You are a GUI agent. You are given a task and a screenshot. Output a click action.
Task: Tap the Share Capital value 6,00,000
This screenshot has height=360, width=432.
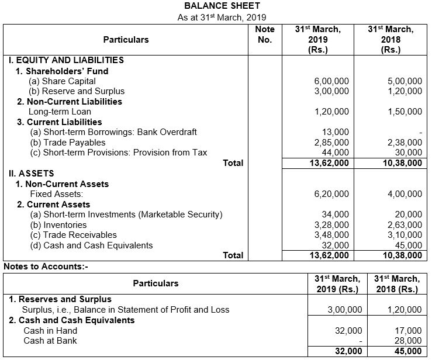(x=331, y=81)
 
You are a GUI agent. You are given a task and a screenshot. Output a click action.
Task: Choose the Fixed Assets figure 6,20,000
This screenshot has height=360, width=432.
(x=331, y=194)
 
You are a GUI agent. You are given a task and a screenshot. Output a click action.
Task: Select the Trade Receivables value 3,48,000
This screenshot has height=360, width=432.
(x=331, y=235)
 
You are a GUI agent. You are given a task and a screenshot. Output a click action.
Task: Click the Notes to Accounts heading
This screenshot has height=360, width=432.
(x=45, y=266)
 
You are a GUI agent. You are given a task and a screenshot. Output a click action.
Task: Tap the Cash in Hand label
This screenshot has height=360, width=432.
(x=47, y=331)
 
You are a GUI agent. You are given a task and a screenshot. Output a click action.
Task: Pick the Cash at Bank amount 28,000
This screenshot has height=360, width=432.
(x=409, y=341)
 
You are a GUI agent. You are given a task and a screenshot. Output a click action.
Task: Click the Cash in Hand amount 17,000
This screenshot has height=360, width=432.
(x=409, y=331)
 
